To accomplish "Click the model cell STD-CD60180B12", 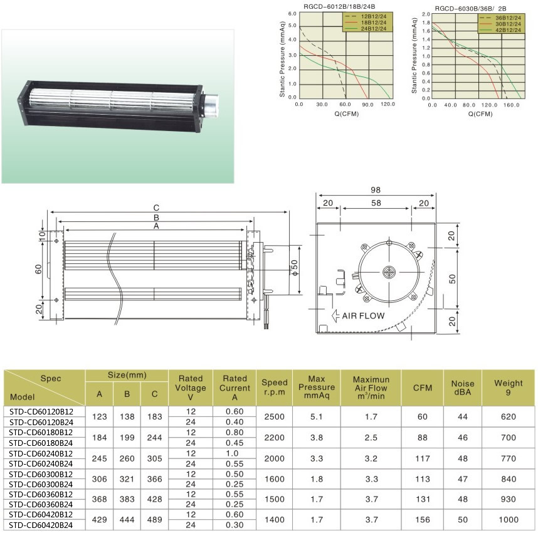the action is coord(41,432).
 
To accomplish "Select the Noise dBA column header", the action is coord(463,388).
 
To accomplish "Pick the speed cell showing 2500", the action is coord(274,416).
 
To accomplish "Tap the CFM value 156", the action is coord(423,520).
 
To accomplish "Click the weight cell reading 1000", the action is coord(508,520).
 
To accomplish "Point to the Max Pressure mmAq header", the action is coord(317,387).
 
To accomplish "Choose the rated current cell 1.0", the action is coord(232,453).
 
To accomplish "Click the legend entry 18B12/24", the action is coord(373,23).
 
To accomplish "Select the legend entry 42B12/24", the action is coord(508,30).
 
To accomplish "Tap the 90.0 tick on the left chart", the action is coord(367,104).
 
